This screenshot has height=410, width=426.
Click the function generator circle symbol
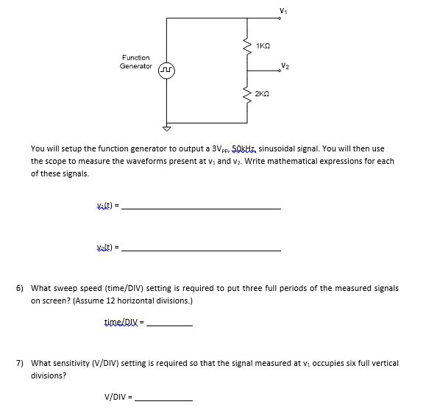click(166, 71)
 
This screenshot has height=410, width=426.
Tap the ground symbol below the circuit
click(166, 129)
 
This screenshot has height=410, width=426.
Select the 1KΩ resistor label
click(263, 46)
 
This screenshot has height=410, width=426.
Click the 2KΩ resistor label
click(262, 94)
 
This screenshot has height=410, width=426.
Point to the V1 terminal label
click(283, 11)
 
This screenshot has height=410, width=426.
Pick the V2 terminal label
click(285, 65)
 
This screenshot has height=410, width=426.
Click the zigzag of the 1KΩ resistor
click(247, 46)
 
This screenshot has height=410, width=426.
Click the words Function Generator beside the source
click(136, 62)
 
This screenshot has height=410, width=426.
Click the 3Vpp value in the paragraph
click(221, 149)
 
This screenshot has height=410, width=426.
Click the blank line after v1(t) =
click(201, 209)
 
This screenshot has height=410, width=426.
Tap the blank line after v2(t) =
click(201, 251)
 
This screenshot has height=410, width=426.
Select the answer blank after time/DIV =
click(169, 326)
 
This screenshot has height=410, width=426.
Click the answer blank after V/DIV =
click(164, 400)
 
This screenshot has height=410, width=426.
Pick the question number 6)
click(20, 288)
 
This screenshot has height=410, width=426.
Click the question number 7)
click(20, 363)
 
